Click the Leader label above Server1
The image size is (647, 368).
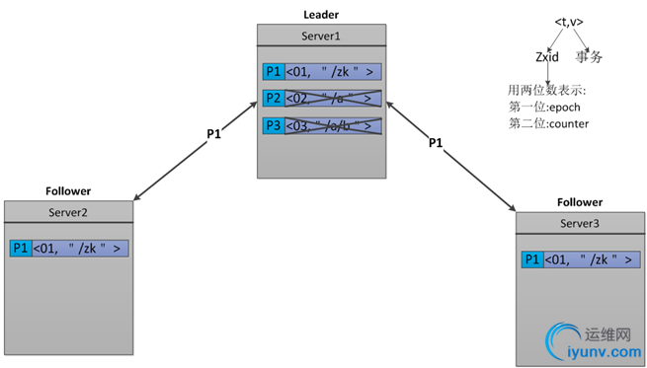[x=319, y=16]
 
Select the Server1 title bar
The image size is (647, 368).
[x=319, y=36]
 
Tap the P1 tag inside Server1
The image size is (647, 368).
[x=273, y=72]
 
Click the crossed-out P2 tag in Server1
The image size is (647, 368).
[x=273, y=99]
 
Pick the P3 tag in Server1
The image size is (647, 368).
[x=273, y=125]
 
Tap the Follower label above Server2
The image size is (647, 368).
[x=68, y=191]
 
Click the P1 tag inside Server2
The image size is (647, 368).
[x=21, y=249]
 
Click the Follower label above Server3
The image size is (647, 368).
[x=579, y=201]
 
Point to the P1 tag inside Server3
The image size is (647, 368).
[x=532, y=260]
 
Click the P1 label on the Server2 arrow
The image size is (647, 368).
[x=214, y=133]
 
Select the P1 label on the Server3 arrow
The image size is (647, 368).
[x=436, y=143]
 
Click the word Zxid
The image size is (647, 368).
[x=546, y=57]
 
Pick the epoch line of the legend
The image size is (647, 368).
[x=549, y=108]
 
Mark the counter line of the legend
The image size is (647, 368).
[x=549, y=123]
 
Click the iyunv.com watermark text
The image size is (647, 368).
[x=605, y=351]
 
